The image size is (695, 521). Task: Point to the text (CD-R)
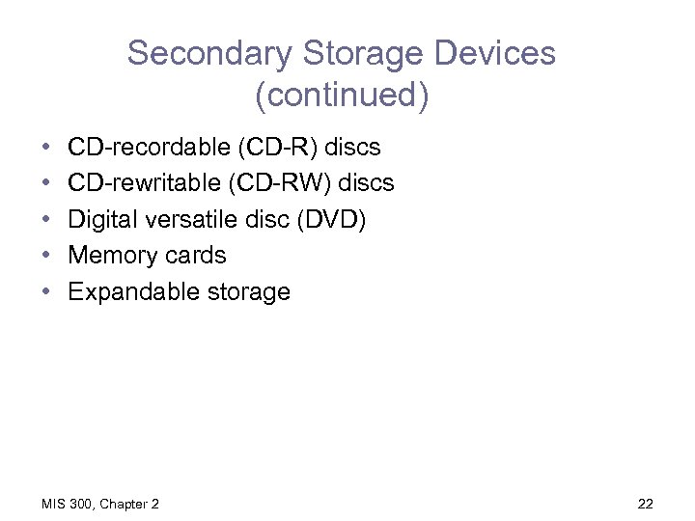(280, 148)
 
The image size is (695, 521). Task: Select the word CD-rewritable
(144, 183)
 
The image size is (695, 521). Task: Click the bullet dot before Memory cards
(46, 256)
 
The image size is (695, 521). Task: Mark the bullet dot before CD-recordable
(46, 148)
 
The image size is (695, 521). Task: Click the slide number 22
(646, 504)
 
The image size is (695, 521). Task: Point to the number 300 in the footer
(82, 504)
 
